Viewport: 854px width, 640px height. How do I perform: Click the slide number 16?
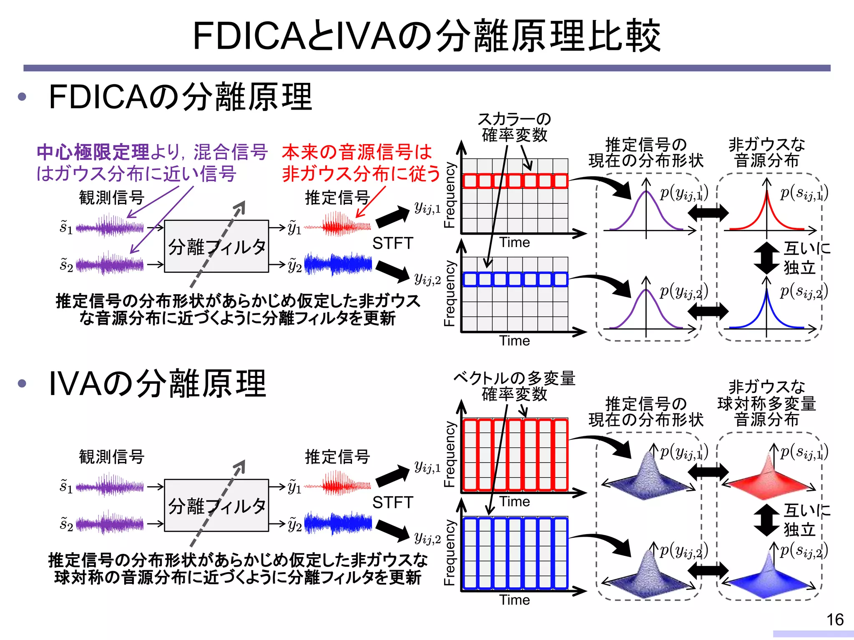click(x=835, y=620)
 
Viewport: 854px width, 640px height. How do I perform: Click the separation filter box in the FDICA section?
click(x=216, y=246)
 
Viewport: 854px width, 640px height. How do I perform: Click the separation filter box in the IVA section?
click(x=216, y=505)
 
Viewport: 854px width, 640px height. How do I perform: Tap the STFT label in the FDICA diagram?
click(x=392, y=243)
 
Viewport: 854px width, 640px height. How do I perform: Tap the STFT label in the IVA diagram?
click(x=392, y=502)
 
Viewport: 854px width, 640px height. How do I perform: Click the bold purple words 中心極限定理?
click(x=93, y=152)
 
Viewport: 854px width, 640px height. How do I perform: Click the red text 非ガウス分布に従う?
click(x=361, y=173)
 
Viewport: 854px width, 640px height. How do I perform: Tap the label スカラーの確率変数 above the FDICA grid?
click(x=514, y=127)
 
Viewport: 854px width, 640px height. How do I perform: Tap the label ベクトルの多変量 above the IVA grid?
click(x=514, y=378)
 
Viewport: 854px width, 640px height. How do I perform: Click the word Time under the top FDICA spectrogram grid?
click(x=515, y=242)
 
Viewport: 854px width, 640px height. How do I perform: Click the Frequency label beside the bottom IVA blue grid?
click(x=449, y=552)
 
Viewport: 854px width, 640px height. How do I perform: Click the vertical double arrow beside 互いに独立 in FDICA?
click(x=766, y=258)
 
